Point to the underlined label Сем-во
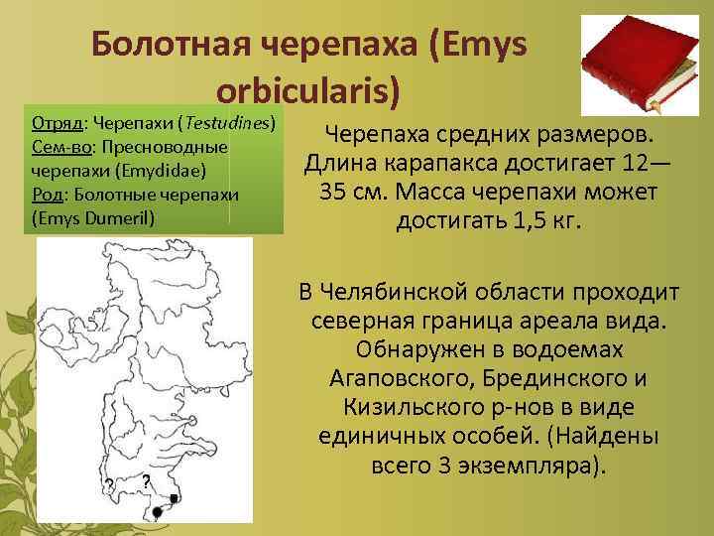pos(59,147)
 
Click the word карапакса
pos(444,162)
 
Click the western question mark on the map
pos(108,483)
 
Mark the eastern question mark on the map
pos(146,480)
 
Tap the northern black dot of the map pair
pos(175,497)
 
